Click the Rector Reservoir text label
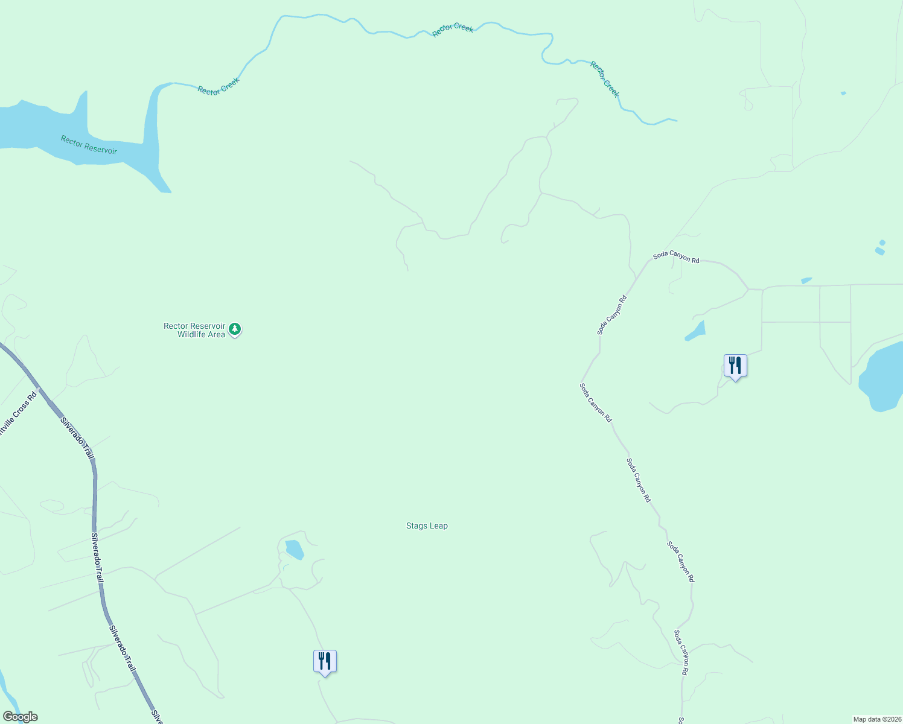89,145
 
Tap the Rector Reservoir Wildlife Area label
194,330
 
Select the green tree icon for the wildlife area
235,329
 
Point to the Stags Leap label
427,526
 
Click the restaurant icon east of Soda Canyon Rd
735,366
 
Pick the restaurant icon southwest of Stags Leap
325,661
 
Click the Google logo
20,717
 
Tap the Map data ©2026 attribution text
877,719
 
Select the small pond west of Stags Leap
294,549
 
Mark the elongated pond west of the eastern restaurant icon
696,331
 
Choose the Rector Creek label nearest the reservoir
219,86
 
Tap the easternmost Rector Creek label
605,79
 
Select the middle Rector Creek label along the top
453,30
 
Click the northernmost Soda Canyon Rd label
676,257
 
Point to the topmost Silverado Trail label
77,437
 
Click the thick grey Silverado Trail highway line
95,495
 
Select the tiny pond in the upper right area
843,93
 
